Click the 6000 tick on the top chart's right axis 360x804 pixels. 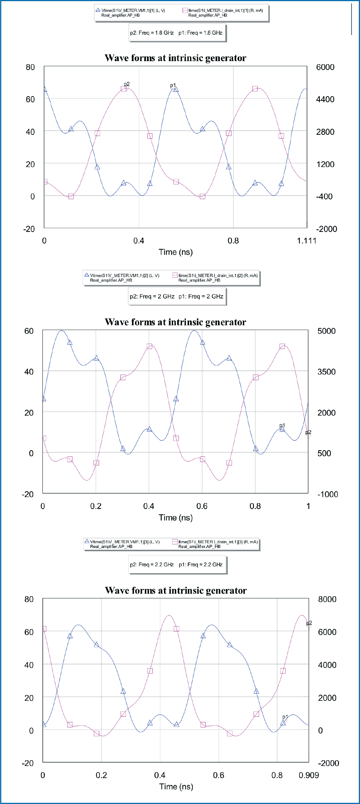pos(325,67)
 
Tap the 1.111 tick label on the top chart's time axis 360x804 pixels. pos(306,241)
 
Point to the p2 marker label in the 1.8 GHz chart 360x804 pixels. pos(127,84)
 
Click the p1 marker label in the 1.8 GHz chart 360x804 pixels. pos(173,85)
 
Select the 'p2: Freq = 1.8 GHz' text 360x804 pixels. pos(151,33)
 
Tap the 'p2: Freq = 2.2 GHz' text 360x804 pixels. pos(151,565)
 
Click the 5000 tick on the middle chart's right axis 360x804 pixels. pos(326,331)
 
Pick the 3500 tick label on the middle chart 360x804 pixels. pos(326,372)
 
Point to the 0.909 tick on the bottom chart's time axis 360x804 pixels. pos(309,775)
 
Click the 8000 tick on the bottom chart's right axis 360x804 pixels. pos(327,599)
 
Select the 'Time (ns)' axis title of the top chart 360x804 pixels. pos(176,252)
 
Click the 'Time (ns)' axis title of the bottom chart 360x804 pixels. pos(176,787)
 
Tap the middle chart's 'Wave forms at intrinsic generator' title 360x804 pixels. pos(175,322)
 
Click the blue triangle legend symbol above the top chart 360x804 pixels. pos(98,11)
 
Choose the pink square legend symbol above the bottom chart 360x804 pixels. pos(175,542)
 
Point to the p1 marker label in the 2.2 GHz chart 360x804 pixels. pos(285,717)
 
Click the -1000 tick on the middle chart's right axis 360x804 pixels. pos(327,494)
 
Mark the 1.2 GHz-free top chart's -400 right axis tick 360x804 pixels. pos(324,197)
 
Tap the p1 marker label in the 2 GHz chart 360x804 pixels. pos(282,425)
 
